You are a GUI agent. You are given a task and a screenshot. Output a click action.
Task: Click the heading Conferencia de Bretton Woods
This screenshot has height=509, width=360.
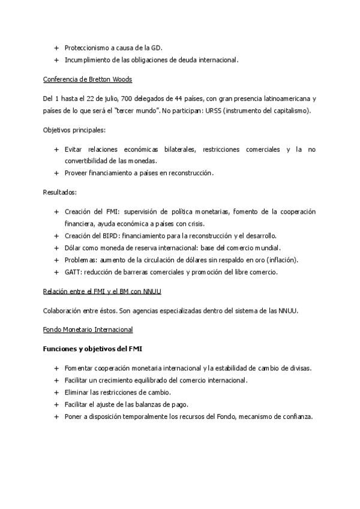coord(88,79)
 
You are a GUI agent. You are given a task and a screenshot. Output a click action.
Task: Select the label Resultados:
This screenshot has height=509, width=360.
coord(60,192)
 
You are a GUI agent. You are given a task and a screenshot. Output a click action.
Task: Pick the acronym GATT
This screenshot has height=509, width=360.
coord(73,272)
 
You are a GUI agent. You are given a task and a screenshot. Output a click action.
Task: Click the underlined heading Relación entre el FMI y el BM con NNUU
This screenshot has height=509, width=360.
coord(102,291)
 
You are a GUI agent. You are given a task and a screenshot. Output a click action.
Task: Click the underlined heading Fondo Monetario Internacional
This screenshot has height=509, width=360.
coord(88,330)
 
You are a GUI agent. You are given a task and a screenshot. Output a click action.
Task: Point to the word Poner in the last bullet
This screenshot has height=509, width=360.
coord(74,417)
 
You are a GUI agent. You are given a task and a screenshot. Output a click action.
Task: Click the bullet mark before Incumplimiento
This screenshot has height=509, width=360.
coord(56,60)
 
